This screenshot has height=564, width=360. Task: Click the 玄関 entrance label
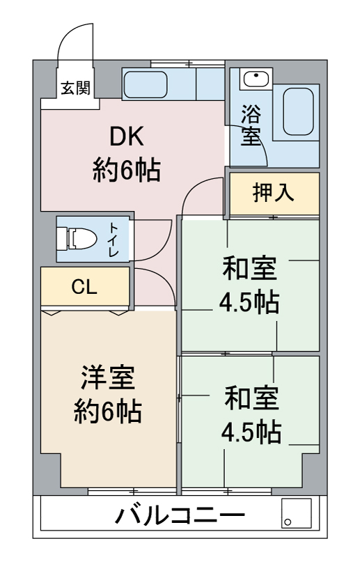(x=75, y=88)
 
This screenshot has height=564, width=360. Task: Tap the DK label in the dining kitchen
(x=127, y=136)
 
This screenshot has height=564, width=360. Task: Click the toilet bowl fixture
(x=77, y=238)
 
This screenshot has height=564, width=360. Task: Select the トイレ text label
(x=114, y=240)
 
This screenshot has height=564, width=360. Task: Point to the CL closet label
(x=84, y=287)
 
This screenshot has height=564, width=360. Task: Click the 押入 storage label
(x=274, y=192)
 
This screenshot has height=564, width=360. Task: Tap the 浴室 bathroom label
(x=251, y=125)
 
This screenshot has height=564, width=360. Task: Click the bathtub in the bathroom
(x=298, y=112)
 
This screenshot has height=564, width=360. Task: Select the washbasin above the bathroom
(x=256, y=79)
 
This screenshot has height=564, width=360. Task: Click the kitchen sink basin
(x=146, y=84)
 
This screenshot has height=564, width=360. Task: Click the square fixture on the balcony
(x=297, y=513)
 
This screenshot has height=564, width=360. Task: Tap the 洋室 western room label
(x=107, y=377)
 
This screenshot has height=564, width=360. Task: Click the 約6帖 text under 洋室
(x=107, y=412)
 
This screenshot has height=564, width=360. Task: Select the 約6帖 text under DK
(x=127, y=170)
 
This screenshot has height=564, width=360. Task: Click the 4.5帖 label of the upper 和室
(x=249, y=302)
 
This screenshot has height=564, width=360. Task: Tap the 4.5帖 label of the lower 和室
(x=251, y=432)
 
